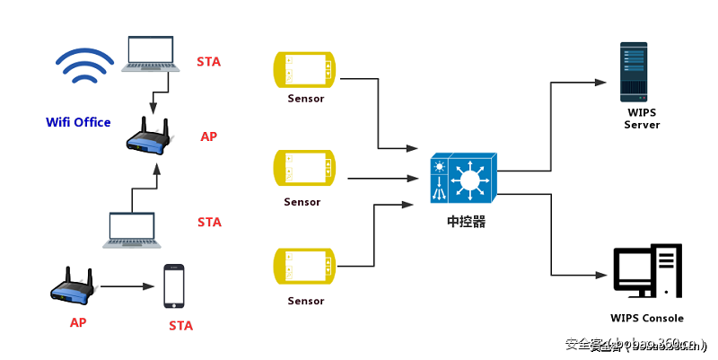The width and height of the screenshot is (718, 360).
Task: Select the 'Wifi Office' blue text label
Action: (x=79, y=122)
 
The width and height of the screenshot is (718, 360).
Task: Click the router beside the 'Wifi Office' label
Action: (x=147, y=136)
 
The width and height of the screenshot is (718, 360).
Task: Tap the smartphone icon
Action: (x=174, y=287)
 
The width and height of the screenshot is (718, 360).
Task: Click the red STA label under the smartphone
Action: (x=180, y=326)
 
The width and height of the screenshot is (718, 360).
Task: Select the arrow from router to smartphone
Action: (x=127, y=287)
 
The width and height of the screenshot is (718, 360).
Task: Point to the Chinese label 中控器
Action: (x=466, y=222)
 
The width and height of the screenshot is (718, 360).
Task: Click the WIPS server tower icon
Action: (x=635, y=72)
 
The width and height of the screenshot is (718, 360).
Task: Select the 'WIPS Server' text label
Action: (x=642, y=119)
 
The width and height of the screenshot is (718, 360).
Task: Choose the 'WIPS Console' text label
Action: (x=646, y=318)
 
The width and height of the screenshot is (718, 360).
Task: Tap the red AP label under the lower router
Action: (x=78, y=321)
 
